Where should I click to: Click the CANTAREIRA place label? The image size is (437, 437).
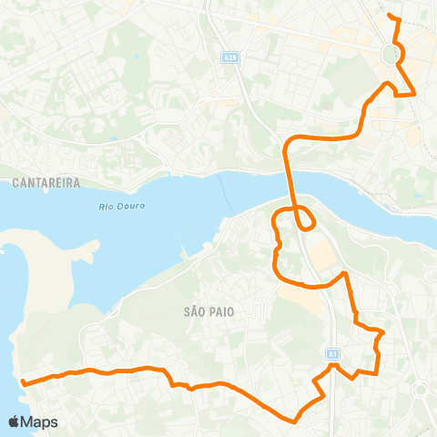(47, 183)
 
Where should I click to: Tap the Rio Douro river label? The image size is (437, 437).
(121, 206)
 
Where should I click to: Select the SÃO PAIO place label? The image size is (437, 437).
(208, 311)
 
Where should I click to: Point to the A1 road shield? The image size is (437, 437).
(333, 352)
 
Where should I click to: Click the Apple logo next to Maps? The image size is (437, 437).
(14, 422)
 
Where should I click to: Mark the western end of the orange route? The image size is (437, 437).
(22, 383)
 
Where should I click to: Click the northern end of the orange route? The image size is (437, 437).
(389, 16)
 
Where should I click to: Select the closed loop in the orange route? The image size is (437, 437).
(304, 219)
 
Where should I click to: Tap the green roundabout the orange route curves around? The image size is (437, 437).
(392, 56)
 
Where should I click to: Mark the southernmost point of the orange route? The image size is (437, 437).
(295, 422)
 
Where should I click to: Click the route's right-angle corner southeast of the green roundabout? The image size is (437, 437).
(414, 94)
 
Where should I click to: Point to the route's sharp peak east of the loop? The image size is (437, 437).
(343, 272)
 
